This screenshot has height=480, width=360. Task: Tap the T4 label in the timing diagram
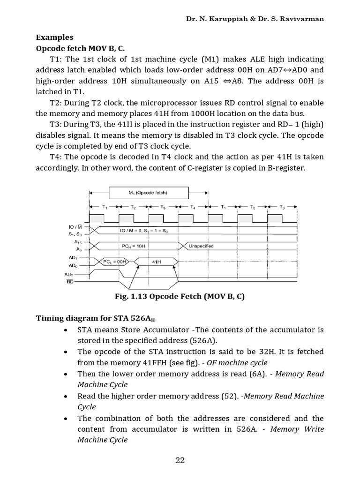click(193, 207)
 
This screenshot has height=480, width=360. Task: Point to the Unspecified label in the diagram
click(201, 245)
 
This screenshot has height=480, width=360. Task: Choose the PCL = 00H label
click(115, 262)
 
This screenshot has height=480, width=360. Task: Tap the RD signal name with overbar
click(70, 281)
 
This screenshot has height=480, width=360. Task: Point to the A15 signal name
click(78, 241)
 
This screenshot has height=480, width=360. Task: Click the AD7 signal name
click(74, 258)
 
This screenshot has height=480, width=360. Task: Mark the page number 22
click(180, 460)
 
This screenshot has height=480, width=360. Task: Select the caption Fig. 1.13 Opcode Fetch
click(180, 297)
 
